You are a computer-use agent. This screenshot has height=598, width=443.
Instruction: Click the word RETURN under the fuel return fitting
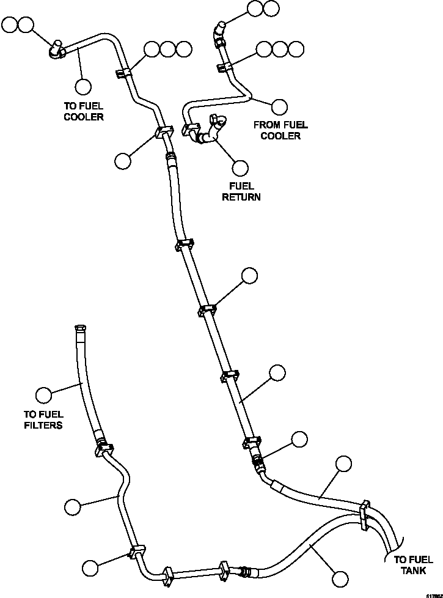tap(241, 197)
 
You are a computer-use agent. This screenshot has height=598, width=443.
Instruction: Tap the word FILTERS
tap(43, 425)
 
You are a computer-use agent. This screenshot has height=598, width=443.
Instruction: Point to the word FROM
tap(267, 125)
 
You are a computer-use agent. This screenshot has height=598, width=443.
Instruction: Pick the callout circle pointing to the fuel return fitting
tap(240, 168)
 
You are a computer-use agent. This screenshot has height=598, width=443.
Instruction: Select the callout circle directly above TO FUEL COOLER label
tap(83, 86)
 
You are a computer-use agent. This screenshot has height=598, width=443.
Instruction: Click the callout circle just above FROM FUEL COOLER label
tap(280, 106)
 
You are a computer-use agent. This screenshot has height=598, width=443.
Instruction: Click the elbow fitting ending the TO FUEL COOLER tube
tap(56, 49)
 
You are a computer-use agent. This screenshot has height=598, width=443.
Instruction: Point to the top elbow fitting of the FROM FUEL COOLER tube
tap(219, 28)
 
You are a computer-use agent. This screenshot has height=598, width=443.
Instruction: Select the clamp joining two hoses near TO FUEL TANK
tap(365, 512)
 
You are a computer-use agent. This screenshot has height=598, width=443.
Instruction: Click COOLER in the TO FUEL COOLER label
tap(84, 117)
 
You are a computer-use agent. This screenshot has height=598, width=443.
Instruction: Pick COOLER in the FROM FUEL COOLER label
tap(280, 136)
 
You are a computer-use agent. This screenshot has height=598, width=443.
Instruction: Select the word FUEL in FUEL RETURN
tap(241, 186)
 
